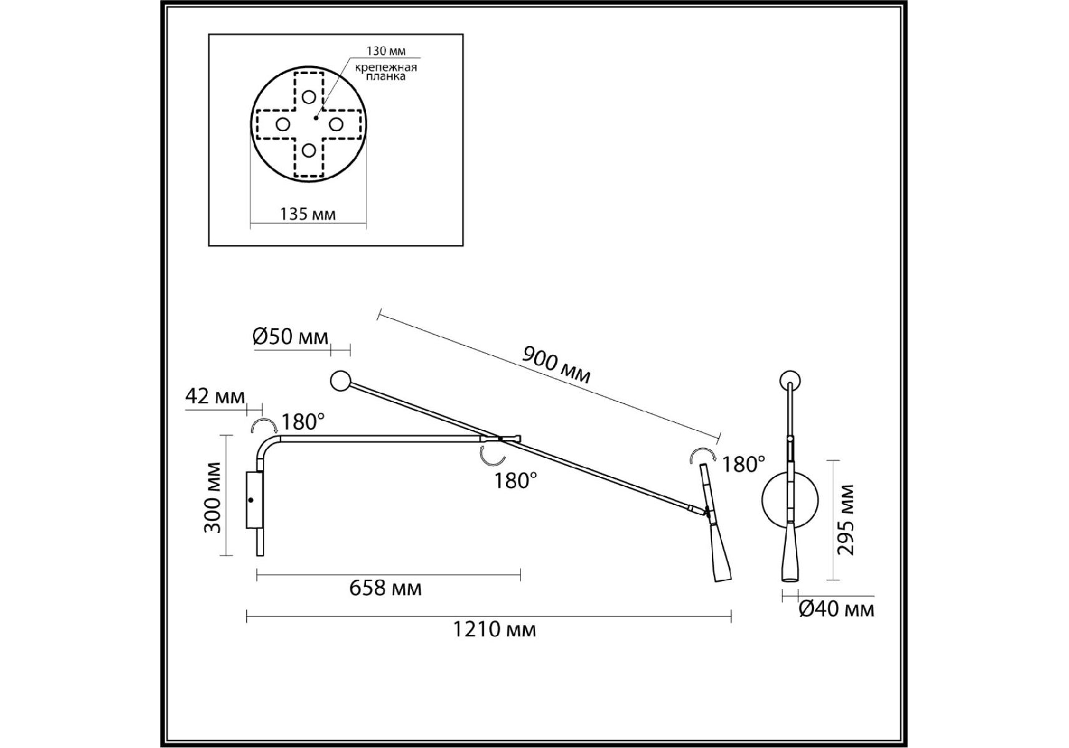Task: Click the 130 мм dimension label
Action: (x=385, y=51)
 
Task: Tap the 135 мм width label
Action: (x=308, y=214)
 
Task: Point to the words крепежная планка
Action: (x=386, y=72)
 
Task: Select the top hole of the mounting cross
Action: (x=309, y=97)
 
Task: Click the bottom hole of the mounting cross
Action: (x=309, y=150)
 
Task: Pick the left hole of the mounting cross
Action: (x=282, y=124)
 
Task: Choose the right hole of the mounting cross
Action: (x=335, y=124)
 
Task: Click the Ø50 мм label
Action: (x=290, y=337)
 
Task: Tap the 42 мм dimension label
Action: (x=215, y=396)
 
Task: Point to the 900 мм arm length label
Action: (x=556, y=365)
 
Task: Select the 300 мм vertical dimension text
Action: (x=213, y=497)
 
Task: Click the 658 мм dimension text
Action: (x=385, y=588)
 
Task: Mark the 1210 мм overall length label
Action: (x=494, y=630)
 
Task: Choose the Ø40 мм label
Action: (x=837, y=609)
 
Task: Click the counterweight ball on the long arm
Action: (x=340, y=381)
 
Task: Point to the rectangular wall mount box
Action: (x=254, y=501)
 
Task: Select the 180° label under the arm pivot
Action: (x=515, y=481)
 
